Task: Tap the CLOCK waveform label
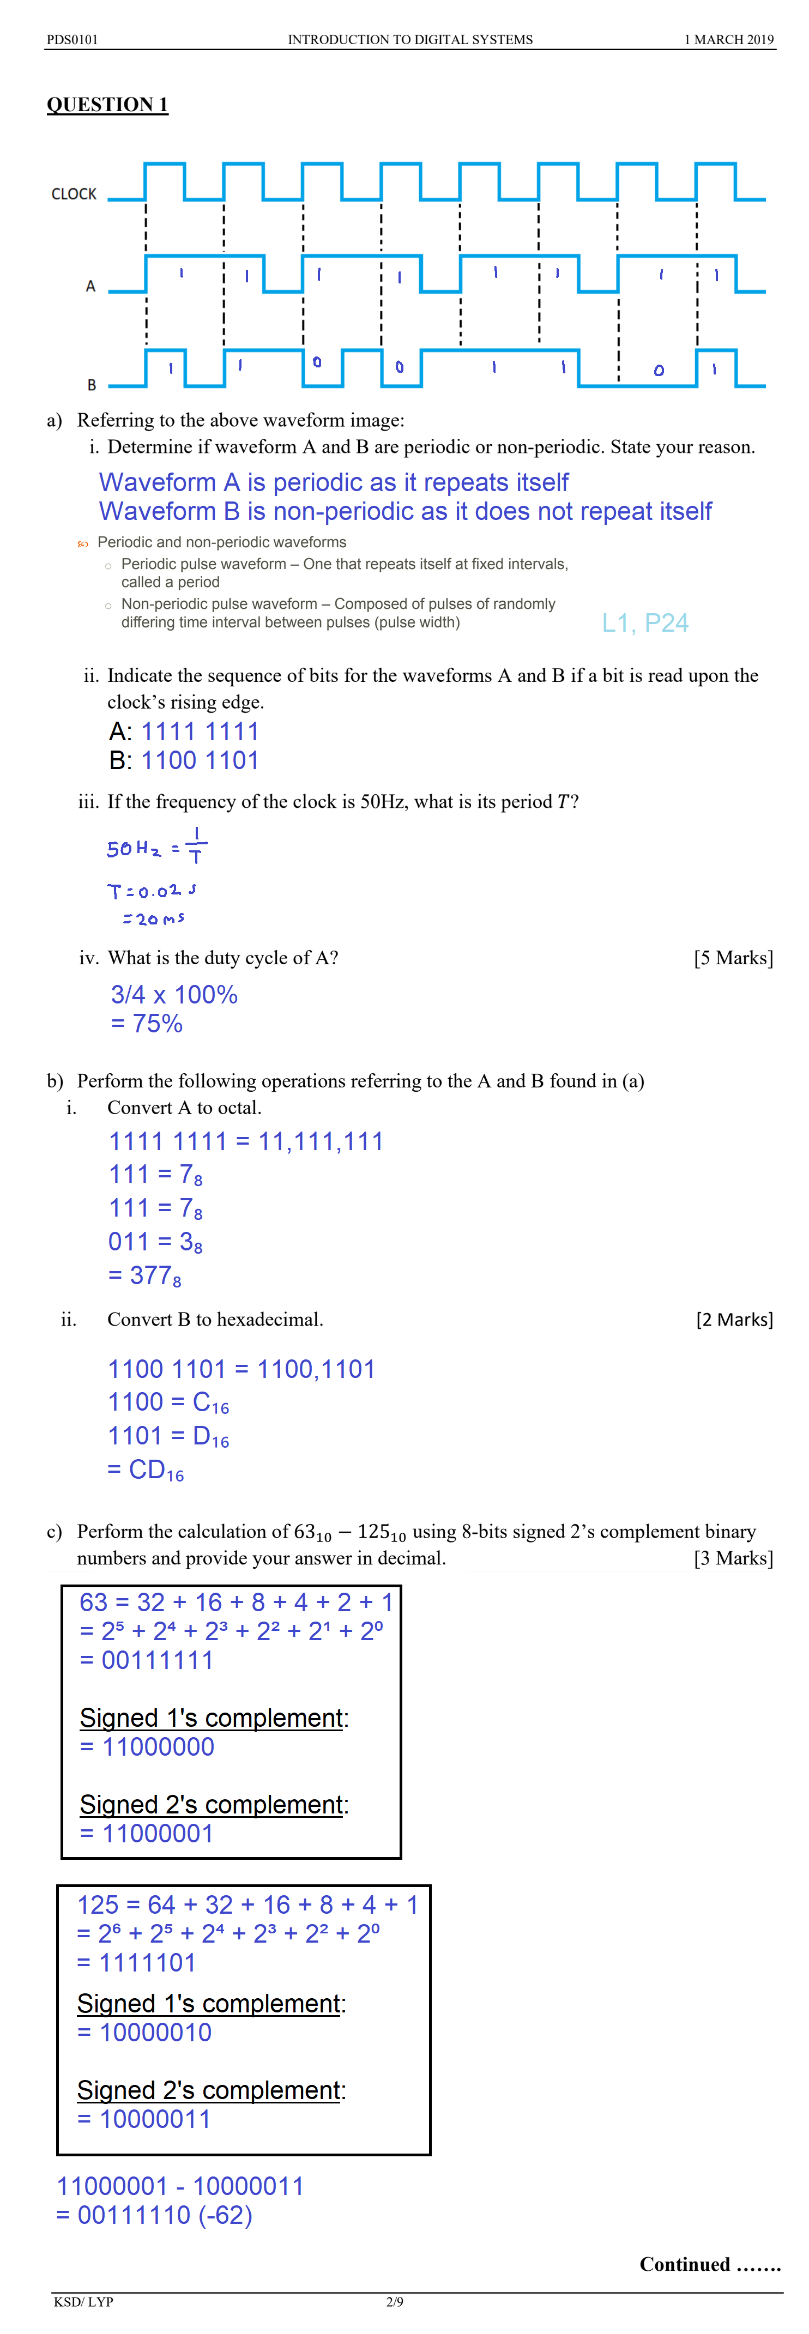coord(74,194)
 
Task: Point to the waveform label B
coord(92,384)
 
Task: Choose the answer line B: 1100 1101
coord(184,760)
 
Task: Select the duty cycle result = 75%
coord(147,1023)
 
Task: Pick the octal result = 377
coord(145,1275)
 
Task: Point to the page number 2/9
coord(395,2301)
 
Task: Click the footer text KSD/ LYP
coord(83,2301)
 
